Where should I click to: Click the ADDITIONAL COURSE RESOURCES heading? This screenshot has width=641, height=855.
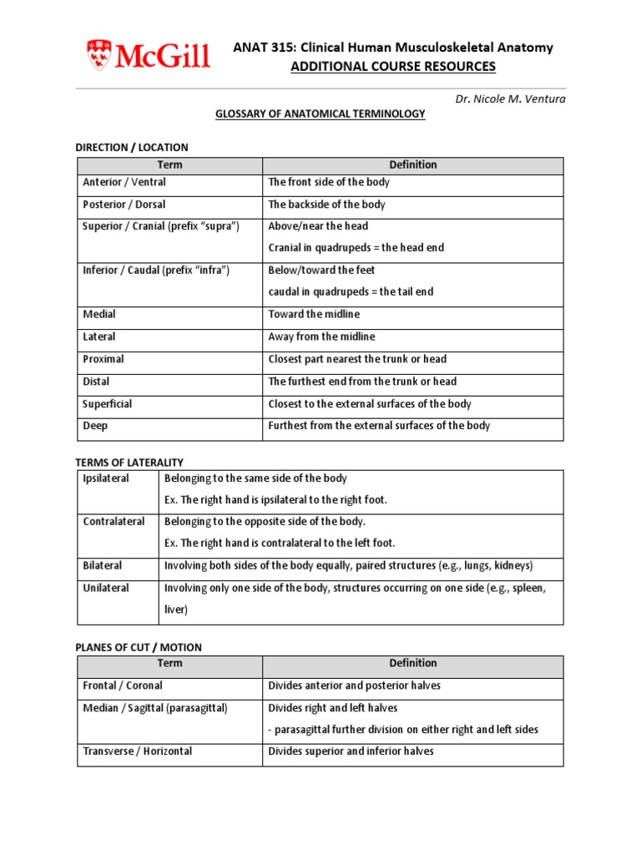(x=392, y=67)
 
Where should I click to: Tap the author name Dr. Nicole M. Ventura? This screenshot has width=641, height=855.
(x=510, y=99)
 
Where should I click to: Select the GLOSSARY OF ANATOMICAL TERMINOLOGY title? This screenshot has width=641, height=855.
(x=320, y=114)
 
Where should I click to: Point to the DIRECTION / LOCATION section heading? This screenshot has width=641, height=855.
(x=132, y=148)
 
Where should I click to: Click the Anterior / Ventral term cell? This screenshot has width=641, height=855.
(x=124, y=182)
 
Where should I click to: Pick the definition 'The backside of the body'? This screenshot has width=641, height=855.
(x=326, y=205)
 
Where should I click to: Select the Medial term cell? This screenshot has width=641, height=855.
(x=99, y=315)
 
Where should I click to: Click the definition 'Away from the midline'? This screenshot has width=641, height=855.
(x=321, y=337)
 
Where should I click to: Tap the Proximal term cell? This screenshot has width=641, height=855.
(x=103, y=359)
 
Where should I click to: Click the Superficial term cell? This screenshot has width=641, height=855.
(x=108, y=404)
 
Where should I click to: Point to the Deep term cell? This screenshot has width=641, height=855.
(x=95, y=426)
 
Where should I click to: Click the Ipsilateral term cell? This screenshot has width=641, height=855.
(x=106, y=478)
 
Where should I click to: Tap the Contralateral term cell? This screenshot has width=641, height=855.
(x=114, y=522)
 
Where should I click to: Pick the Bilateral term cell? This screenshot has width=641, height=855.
(x=103, y=566)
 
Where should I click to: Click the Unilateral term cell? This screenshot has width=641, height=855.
(x=106, y=589)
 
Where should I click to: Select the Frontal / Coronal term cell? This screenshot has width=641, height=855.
(x=123, y=686)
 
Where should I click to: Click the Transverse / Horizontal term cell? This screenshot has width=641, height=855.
(x=137, y=751)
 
